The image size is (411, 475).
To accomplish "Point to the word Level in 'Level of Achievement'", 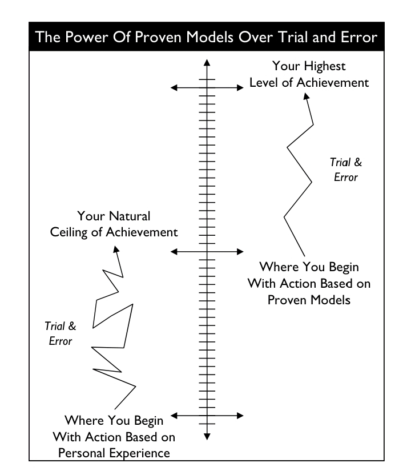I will [265, 83].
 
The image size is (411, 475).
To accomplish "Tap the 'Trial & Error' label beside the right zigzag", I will [346, 170].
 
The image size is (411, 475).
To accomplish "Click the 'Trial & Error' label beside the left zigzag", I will [60, 333].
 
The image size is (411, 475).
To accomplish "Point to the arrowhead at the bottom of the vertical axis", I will [207, 437].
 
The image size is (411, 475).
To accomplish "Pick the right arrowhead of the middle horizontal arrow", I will [240, 251].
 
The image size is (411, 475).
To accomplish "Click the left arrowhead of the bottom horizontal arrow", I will [174, 415].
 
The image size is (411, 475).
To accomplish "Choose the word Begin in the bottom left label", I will [147, 421].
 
